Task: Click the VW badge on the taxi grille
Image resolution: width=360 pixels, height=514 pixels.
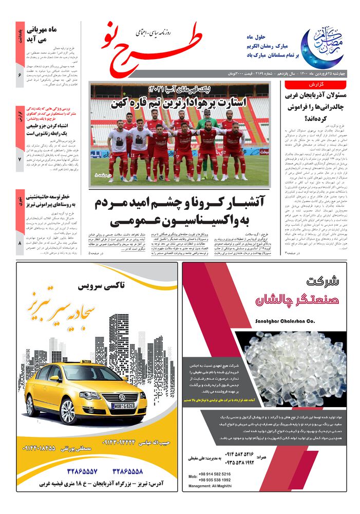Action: (122, 397)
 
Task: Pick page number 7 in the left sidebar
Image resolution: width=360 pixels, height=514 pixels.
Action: (20, 160)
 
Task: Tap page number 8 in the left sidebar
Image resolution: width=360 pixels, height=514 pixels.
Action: (20, 243)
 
